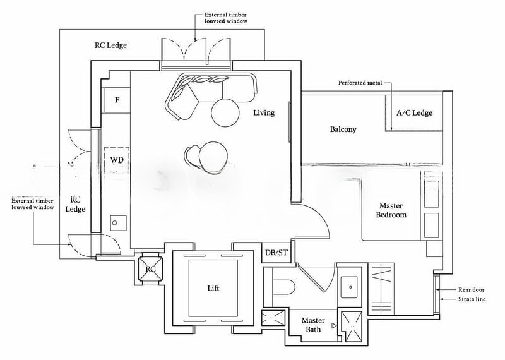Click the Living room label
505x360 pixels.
[x=264, y=113]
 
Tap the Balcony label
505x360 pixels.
[x=343, y=129]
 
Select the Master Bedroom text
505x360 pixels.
[x=391, y=210]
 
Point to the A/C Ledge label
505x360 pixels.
[x=414, y=113]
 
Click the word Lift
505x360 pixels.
[x=214, y=288]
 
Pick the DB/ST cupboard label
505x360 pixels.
[x=276, y=253]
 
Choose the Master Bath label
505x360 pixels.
[x=313, y=325]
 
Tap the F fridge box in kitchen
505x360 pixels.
[x=117, y=100]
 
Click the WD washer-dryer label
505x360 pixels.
[x=117, y=160]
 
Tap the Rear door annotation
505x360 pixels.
[x=472, y=289]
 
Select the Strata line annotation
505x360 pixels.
[x=472, y=299]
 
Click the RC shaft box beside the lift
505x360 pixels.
[x=151, y=268]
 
